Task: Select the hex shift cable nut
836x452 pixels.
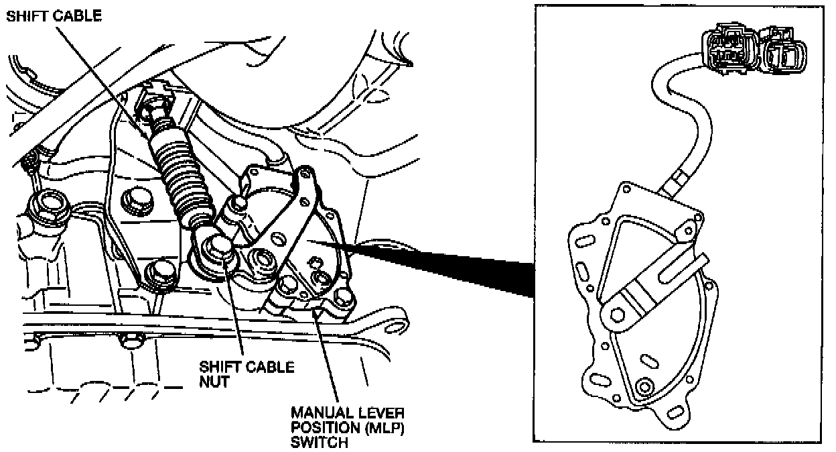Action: [218, 251]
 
